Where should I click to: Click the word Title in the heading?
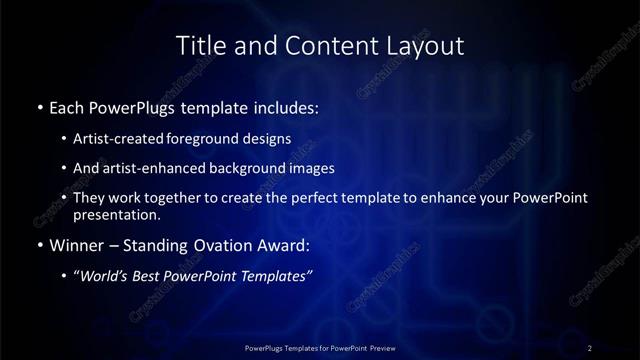tap(198, 45)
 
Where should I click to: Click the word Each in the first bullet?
tap(66, 106)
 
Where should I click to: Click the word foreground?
tap(212, 139)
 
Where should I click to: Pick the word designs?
tap(269, 139)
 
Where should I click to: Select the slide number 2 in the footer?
tap(590, 347)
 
